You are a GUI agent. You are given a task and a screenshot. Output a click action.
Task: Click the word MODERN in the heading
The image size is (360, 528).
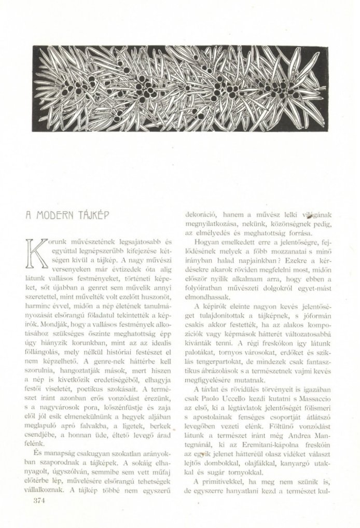(55, 214)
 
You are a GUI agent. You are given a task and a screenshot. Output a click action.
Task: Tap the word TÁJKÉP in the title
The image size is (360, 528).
(91, 214)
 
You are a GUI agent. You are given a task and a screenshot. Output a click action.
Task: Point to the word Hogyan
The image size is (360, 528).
(204, 242)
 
